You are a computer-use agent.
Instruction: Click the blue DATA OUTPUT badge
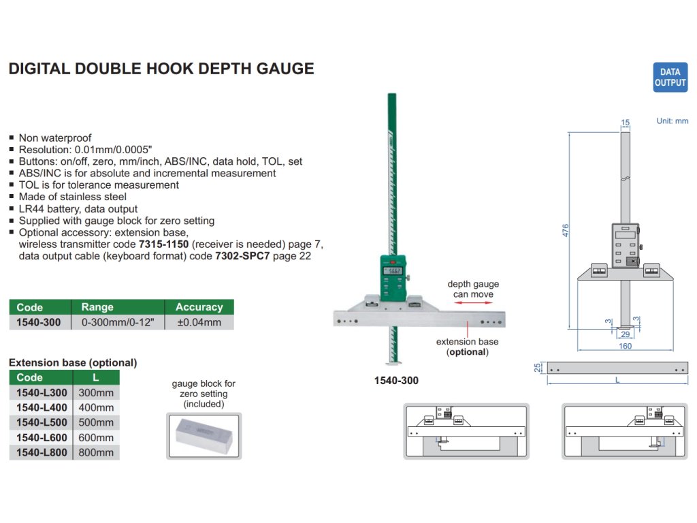click(x=670, y=77)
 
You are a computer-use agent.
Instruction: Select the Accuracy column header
click(x=199, y=307)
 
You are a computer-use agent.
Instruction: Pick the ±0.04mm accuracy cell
click(x=199, y=322)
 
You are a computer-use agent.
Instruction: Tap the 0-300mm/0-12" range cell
click(x=117, y=322)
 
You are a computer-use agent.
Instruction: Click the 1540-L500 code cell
click(x=42, y=422)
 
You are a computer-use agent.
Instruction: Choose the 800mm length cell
click(x=96, y=452)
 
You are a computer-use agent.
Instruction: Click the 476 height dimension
click(x=565, y=230)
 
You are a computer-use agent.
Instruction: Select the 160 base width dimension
click(x=625, y=346)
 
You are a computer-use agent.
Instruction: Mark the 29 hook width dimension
click(x=625, y=334)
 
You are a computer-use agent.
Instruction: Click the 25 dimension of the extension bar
click(x=538, y=368)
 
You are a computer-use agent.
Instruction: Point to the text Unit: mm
click(x=672, y=121)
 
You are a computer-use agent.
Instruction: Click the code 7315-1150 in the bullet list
click(x=163, y=244)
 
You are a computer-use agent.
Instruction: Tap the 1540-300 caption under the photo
click(x=396, y=381)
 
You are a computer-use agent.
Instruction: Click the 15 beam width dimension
click(x=626, y=123)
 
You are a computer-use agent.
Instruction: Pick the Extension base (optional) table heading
click(x=73, y=362)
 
